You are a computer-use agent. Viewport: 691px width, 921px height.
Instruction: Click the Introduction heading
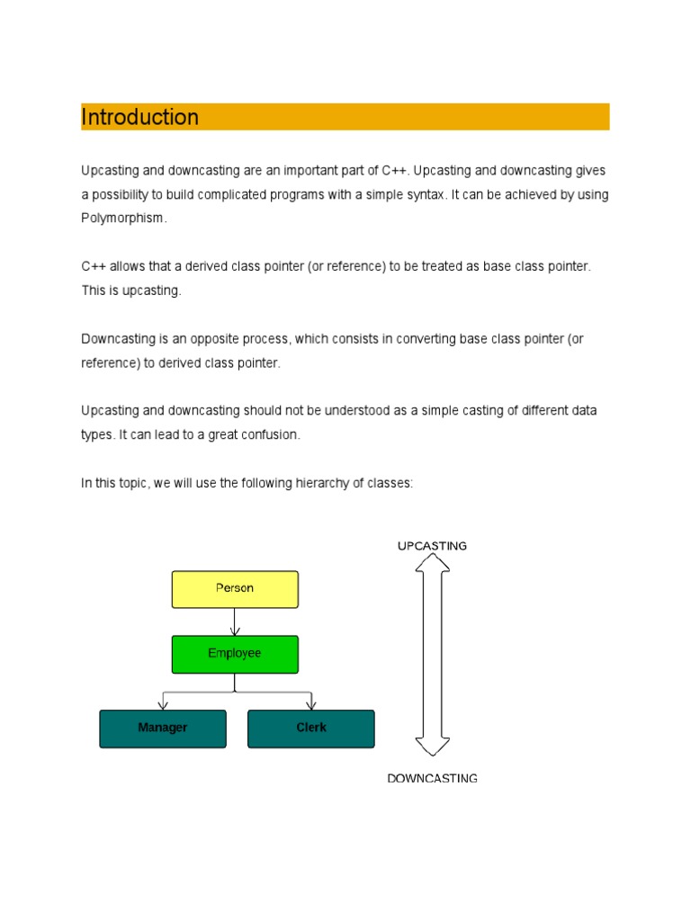tap(140, 117)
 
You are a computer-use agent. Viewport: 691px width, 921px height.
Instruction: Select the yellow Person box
tap(235, 589)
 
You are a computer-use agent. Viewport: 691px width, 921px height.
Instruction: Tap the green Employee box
tap(235, 654)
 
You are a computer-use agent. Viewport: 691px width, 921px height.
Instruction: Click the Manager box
tap(162, 729)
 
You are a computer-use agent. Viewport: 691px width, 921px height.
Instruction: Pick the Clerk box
tap(310, 729)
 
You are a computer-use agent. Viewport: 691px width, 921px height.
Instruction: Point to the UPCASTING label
tap(432, 546)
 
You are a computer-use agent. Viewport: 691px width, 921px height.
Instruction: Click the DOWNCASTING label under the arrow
tap(432, 778)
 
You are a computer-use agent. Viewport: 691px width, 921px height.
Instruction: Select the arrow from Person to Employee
tap(235, 622)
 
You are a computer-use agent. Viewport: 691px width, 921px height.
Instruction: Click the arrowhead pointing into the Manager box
tap(162, 704)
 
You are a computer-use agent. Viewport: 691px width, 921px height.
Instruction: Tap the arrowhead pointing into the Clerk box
tap(310, 704)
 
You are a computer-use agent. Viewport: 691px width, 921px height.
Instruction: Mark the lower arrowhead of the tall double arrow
tap(433, 746)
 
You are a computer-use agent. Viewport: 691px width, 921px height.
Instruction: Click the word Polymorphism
tap(123, 219)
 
